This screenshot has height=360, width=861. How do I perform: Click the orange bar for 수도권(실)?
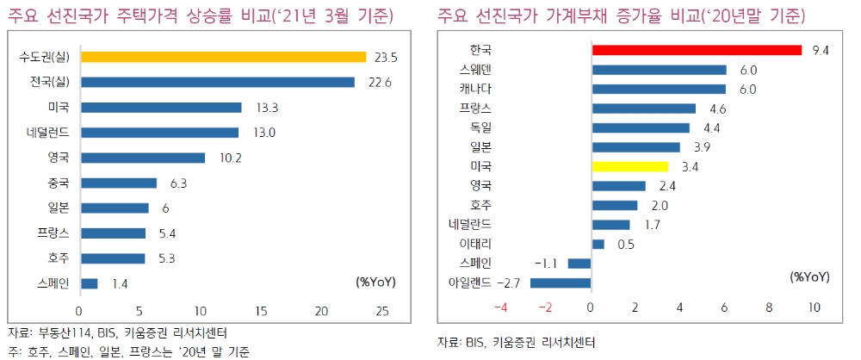tap(223, 57)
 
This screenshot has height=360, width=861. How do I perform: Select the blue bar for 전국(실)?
tap(217, 82)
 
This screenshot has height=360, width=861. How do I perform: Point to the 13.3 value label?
tap(263, 108)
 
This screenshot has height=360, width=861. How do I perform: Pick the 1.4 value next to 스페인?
tap(120, 283)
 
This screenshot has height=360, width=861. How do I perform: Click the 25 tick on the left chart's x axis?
tap(383, 311)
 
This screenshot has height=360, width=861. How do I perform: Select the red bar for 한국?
tap(697, 50)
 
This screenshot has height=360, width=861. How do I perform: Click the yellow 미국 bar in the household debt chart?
tap(629, 166)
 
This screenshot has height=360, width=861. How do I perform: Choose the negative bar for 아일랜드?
tap(561, 282)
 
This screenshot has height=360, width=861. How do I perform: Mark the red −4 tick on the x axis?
tap(500, 307)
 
